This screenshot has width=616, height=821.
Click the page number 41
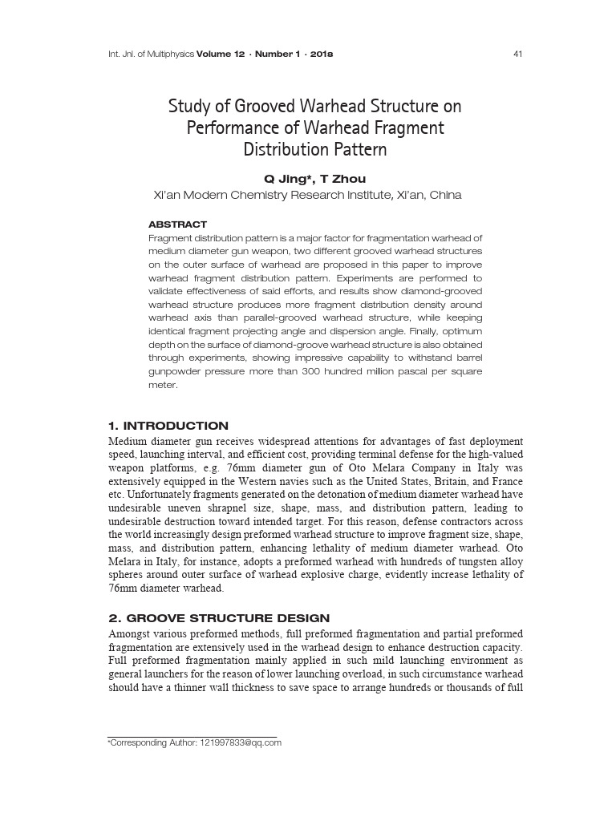click(x=517, y=55)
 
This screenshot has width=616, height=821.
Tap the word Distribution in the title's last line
click(x=282, y=150)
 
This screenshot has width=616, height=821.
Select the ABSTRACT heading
click(x=178, y=224)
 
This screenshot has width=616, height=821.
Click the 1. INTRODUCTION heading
click(x=168, y=426)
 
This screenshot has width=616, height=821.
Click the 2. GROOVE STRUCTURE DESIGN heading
click(x=219, y=617)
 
